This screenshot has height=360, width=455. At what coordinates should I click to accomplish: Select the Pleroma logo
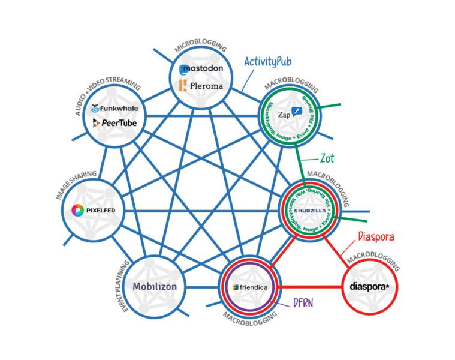201,86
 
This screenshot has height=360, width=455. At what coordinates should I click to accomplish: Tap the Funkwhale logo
114,109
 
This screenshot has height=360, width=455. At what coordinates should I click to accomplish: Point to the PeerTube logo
114,123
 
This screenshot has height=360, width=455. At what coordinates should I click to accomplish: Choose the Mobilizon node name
155,286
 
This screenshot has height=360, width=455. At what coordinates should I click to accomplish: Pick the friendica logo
251,287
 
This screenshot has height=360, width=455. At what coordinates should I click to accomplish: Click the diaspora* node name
369,286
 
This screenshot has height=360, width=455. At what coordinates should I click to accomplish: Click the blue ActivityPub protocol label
271,62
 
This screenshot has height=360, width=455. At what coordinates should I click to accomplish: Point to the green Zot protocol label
326,158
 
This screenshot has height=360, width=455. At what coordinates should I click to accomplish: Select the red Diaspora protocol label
376,237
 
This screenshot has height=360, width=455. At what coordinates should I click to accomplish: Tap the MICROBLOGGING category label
201,47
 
